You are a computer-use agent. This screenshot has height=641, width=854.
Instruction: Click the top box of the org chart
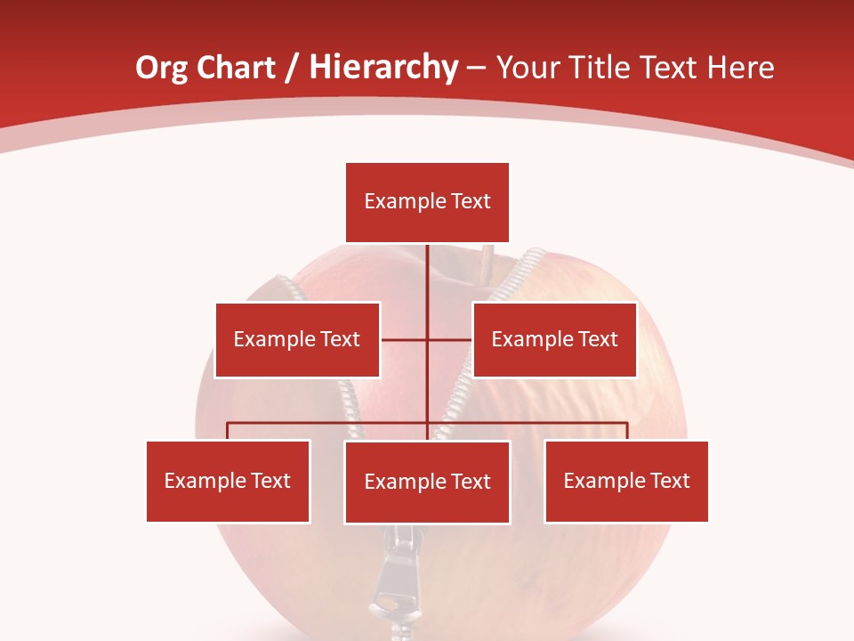[427, 202]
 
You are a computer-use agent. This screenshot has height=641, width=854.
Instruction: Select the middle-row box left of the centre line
[297, 339]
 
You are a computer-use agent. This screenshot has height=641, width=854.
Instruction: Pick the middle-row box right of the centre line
[554, 339]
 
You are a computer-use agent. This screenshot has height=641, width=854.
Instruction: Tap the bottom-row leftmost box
[228, 481]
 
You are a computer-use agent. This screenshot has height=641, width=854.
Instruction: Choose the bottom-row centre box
[427, 482]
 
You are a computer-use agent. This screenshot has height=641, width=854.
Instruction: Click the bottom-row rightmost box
[626, 481]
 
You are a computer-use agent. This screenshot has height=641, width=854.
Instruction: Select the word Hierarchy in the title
[383, 68]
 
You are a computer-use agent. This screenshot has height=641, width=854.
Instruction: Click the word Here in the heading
[740, 68]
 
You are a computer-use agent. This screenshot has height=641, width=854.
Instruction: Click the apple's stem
[486, 262]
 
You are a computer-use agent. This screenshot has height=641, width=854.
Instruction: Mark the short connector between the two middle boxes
[426, 339]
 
